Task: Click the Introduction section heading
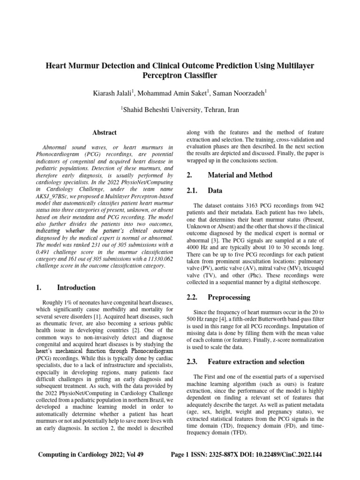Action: [76, 287]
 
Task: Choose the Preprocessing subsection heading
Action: [229, 297]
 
